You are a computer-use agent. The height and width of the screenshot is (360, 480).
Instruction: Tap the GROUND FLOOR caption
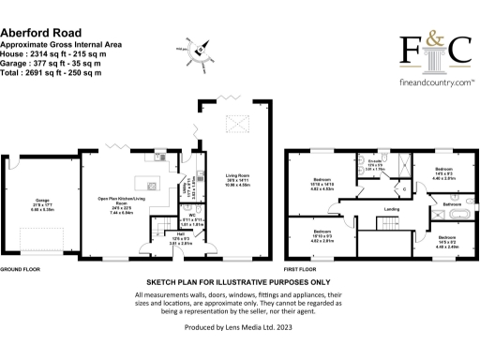(x=19, y=268)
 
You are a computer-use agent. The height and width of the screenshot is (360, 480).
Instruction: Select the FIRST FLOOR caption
(x=297, y=268)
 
